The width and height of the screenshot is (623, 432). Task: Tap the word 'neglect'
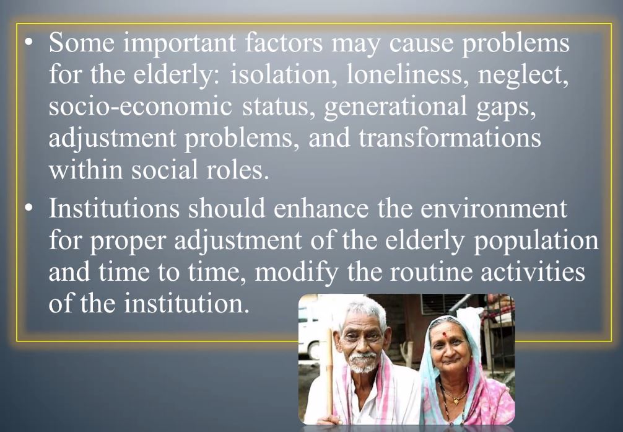point(523,76)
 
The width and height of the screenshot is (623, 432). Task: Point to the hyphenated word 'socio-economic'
point(140,106)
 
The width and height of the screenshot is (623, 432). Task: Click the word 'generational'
point(395,107)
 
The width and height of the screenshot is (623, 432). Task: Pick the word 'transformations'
point(450,138)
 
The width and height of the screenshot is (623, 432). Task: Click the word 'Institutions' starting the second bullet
point(114,208)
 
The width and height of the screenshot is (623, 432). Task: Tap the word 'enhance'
point(321,208)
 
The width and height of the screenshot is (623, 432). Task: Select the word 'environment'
point(494,208)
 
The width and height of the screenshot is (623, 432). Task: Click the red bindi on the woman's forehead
point(445,335)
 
